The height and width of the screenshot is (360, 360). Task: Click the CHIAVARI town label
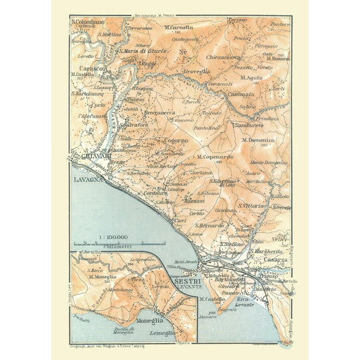point(91,159)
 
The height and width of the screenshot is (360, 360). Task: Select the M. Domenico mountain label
point(261,139)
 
